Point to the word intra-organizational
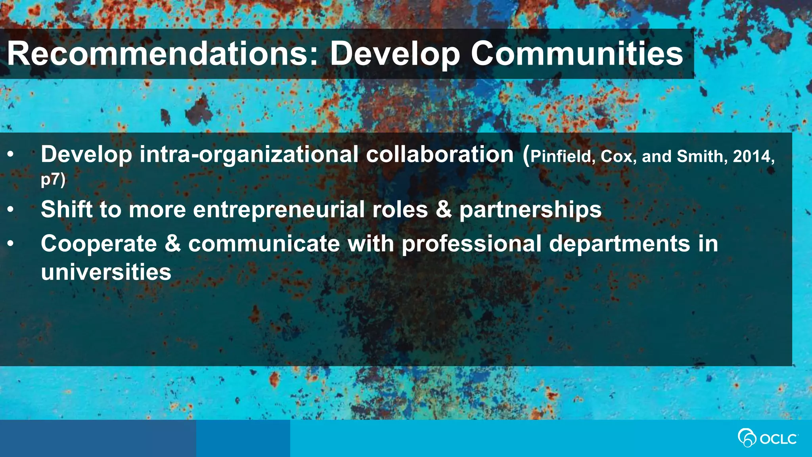coord(249,154)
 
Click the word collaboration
coord(440,154)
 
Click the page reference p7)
coord(53,179)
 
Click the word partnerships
coord(530,209)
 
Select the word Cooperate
coord(99,244)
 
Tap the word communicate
coord(264,244)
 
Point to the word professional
coord(471,244)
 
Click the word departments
coord(619,244)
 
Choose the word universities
coord(106,272)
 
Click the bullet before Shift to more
coord(11,209)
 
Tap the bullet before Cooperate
coord(11,244)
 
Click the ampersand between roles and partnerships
coord(444,209)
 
